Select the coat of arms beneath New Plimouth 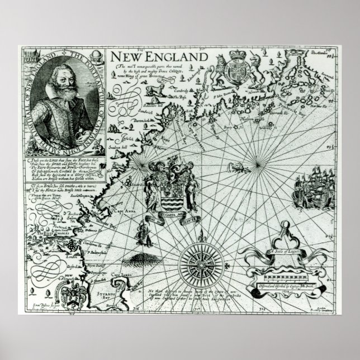coord(73,294)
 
